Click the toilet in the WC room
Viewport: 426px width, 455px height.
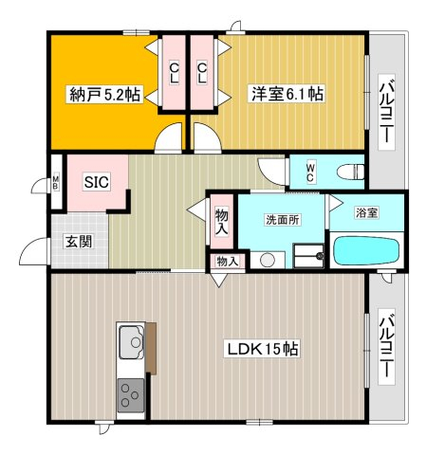click(350, 173)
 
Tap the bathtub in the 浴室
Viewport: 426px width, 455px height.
click(366, 250)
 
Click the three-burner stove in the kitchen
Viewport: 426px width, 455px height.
click(131, 395)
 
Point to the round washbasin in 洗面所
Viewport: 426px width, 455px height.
click(268, 260)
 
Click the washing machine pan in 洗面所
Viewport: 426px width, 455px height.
click(308, 256)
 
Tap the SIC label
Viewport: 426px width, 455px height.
click(97, 182)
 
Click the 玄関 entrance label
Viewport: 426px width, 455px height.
click(79, 242)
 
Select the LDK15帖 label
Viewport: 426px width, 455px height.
click(261, 349)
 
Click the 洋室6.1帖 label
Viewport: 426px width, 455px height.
click(287, 94)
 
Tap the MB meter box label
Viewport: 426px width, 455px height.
click(55, 182)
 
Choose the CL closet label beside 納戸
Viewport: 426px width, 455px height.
click(173, 73)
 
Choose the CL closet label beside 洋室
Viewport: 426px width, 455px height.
click(201, 73)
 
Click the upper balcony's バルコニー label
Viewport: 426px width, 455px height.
click(387, 114)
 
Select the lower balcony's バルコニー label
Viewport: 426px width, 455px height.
click(387, 346)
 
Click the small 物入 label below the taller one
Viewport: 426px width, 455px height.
click(227, 262)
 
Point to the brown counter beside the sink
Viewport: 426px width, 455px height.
click(151, 348)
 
